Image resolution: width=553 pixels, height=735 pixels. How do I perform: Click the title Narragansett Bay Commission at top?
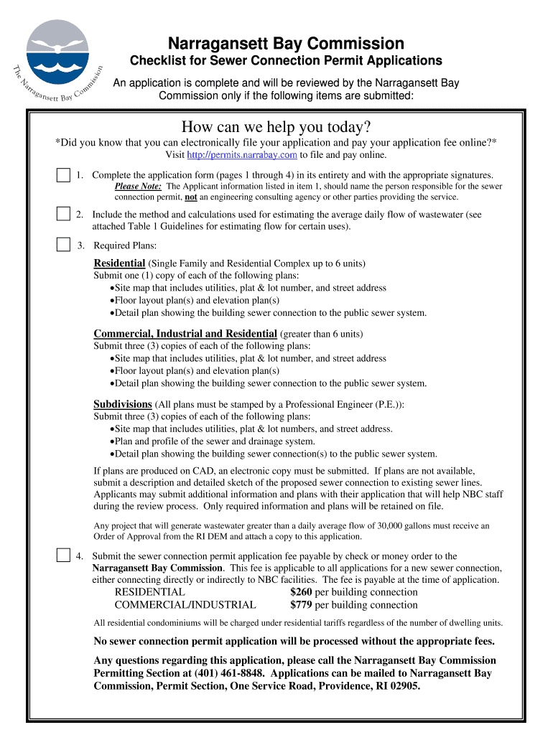pyautogui.click(x=285, y=43)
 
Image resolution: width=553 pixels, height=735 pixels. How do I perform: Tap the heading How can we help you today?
pyautogui.click(x=276, y=127)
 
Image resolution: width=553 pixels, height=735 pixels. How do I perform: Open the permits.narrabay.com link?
pyautogui.click(x=242, y=154)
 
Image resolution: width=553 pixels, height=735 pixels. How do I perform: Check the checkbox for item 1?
pyautogui.click(x=64, y=175)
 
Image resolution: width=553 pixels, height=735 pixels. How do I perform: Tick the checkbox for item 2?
pyautogui.click(x=64, y=214)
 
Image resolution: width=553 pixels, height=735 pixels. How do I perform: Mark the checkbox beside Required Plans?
pyautogui.click(x=64, y=245)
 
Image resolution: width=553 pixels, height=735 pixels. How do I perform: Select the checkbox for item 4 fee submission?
pyautogui.click(x=64, y=556)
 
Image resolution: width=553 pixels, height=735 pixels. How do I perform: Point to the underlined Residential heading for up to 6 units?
pyautogui.click(x=119, y=263)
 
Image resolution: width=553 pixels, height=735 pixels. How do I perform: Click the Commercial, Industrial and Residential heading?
pyautogui.click(x=185, y=333)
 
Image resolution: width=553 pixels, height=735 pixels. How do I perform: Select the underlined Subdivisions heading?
pyautogui.click(x=123, y=403)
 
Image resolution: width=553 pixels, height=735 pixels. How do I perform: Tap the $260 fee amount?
pyautogui.click(x=301, y=592)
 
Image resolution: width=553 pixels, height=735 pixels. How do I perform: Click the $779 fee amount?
pyautogui.click(x=301, y=605)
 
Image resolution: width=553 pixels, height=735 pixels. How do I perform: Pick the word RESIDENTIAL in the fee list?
pyautogui.click(x=149, y=592)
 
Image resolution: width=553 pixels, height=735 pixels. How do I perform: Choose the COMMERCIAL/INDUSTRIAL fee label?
pyautogui.click(x=185, y=605)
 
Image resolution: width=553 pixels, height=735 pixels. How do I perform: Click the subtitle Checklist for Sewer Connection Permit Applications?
pyautogui.click(x=285, y=61)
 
